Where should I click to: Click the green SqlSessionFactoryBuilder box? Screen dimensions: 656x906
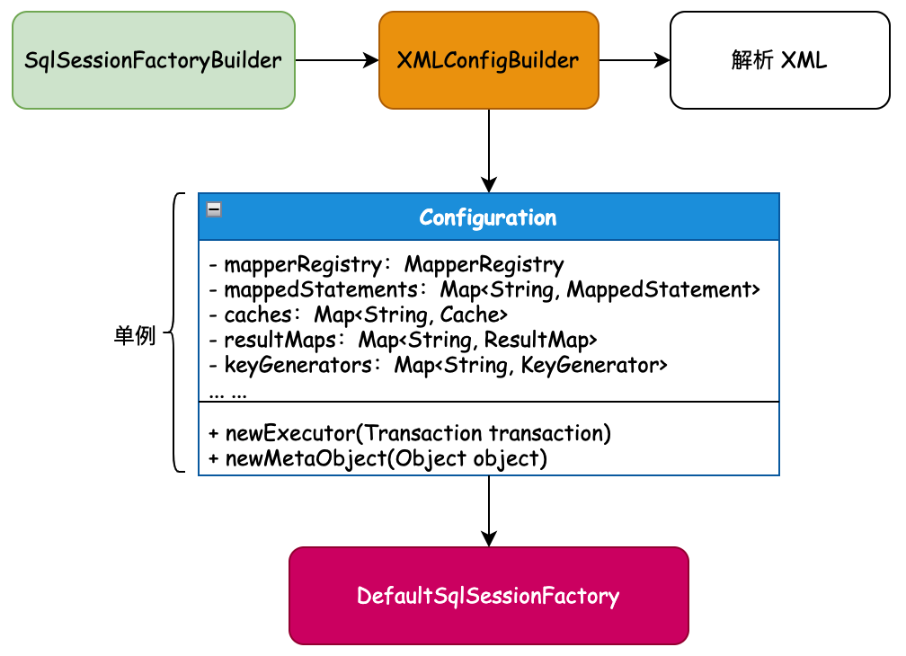pyautogui.click(x=154, y=60)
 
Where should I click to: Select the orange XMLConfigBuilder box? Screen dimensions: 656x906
pyautogui.click(x=488, y=60)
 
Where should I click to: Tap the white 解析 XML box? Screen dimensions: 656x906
pyautogui.click(x=779, y=60)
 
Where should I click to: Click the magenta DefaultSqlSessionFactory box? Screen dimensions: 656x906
pyautogui.click(x=488, y=596)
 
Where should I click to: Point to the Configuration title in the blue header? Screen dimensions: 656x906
pyautogui.click(x=488, y=217)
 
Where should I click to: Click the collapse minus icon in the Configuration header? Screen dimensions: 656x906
pyautogui.click(x=214, y=209)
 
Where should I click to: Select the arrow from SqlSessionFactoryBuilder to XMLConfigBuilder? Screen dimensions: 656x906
pyautogui.click(x=337, y=60)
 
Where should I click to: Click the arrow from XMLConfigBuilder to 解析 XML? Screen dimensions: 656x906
pyautogui.click(x=635, y=60)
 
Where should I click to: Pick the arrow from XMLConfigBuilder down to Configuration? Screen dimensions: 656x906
pyautogui.click(x=488, y=150)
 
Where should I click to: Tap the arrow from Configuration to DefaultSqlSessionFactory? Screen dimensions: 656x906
pyautogui.click(x=488, y=510)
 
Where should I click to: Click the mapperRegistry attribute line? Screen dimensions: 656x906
pyautogui.click(x=386, y=265)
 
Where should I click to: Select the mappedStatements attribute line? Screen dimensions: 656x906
pyautogui.click(x=484, y=289)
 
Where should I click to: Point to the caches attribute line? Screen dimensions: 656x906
pyautogui.click(x=359, y=315)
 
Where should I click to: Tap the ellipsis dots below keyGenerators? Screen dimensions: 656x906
pyautogui.click(x=227, y=392)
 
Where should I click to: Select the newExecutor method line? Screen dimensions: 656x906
pyautogui.click(x=410, y=433)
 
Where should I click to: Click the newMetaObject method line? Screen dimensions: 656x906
pyautogui.click(x=377, y=458)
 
